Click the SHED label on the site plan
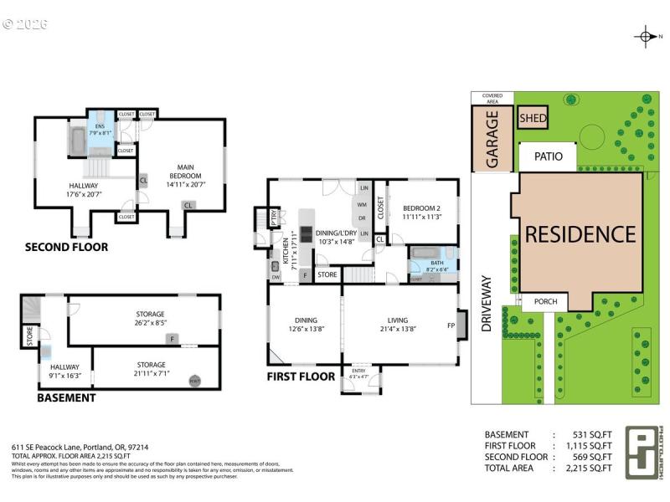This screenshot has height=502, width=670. (x=533, y=119)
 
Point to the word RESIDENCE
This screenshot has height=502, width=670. (x=580, y=234)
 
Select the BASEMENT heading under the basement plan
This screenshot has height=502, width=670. (x=66, y=397)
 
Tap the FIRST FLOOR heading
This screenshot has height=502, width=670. (x=301, y=376)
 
